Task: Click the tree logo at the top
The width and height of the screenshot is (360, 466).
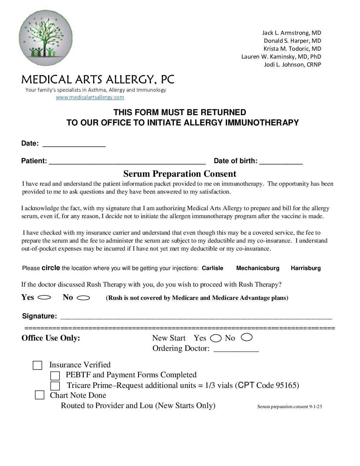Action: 46,38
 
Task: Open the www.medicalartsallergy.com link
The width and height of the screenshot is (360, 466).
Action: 90,97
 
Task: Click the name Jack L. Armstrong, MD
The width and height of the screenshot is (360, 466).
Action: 292,33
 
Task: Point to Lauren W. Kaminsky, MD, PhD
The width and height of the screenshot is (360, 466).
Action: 281,57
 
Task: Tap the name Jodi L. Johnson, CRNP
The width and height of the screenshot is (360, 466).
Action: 292,65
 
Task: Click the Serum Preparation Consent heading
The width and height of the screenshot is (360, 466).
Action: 180,174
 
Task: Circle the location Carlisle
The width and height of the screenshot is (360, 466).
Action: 212,268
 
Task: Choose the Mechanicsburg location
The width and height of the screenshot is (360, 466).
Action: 258,268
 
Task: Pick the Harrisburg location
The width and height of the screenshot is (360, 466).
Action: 306,268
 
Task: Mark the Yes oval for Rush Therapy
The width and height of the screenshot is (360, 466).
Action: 44,298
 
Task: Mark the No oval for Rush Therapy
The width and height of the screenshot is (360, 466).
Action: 83,298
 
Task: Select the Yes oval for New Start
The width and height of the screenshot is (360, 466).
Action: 216,338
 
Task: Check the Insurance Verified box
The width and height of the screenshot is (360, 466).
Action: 37,365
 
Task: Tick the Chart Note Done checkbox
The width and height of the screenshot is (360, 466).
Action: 40,395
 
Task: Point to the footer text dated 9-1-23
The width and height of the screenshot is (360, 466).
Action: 290,407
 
